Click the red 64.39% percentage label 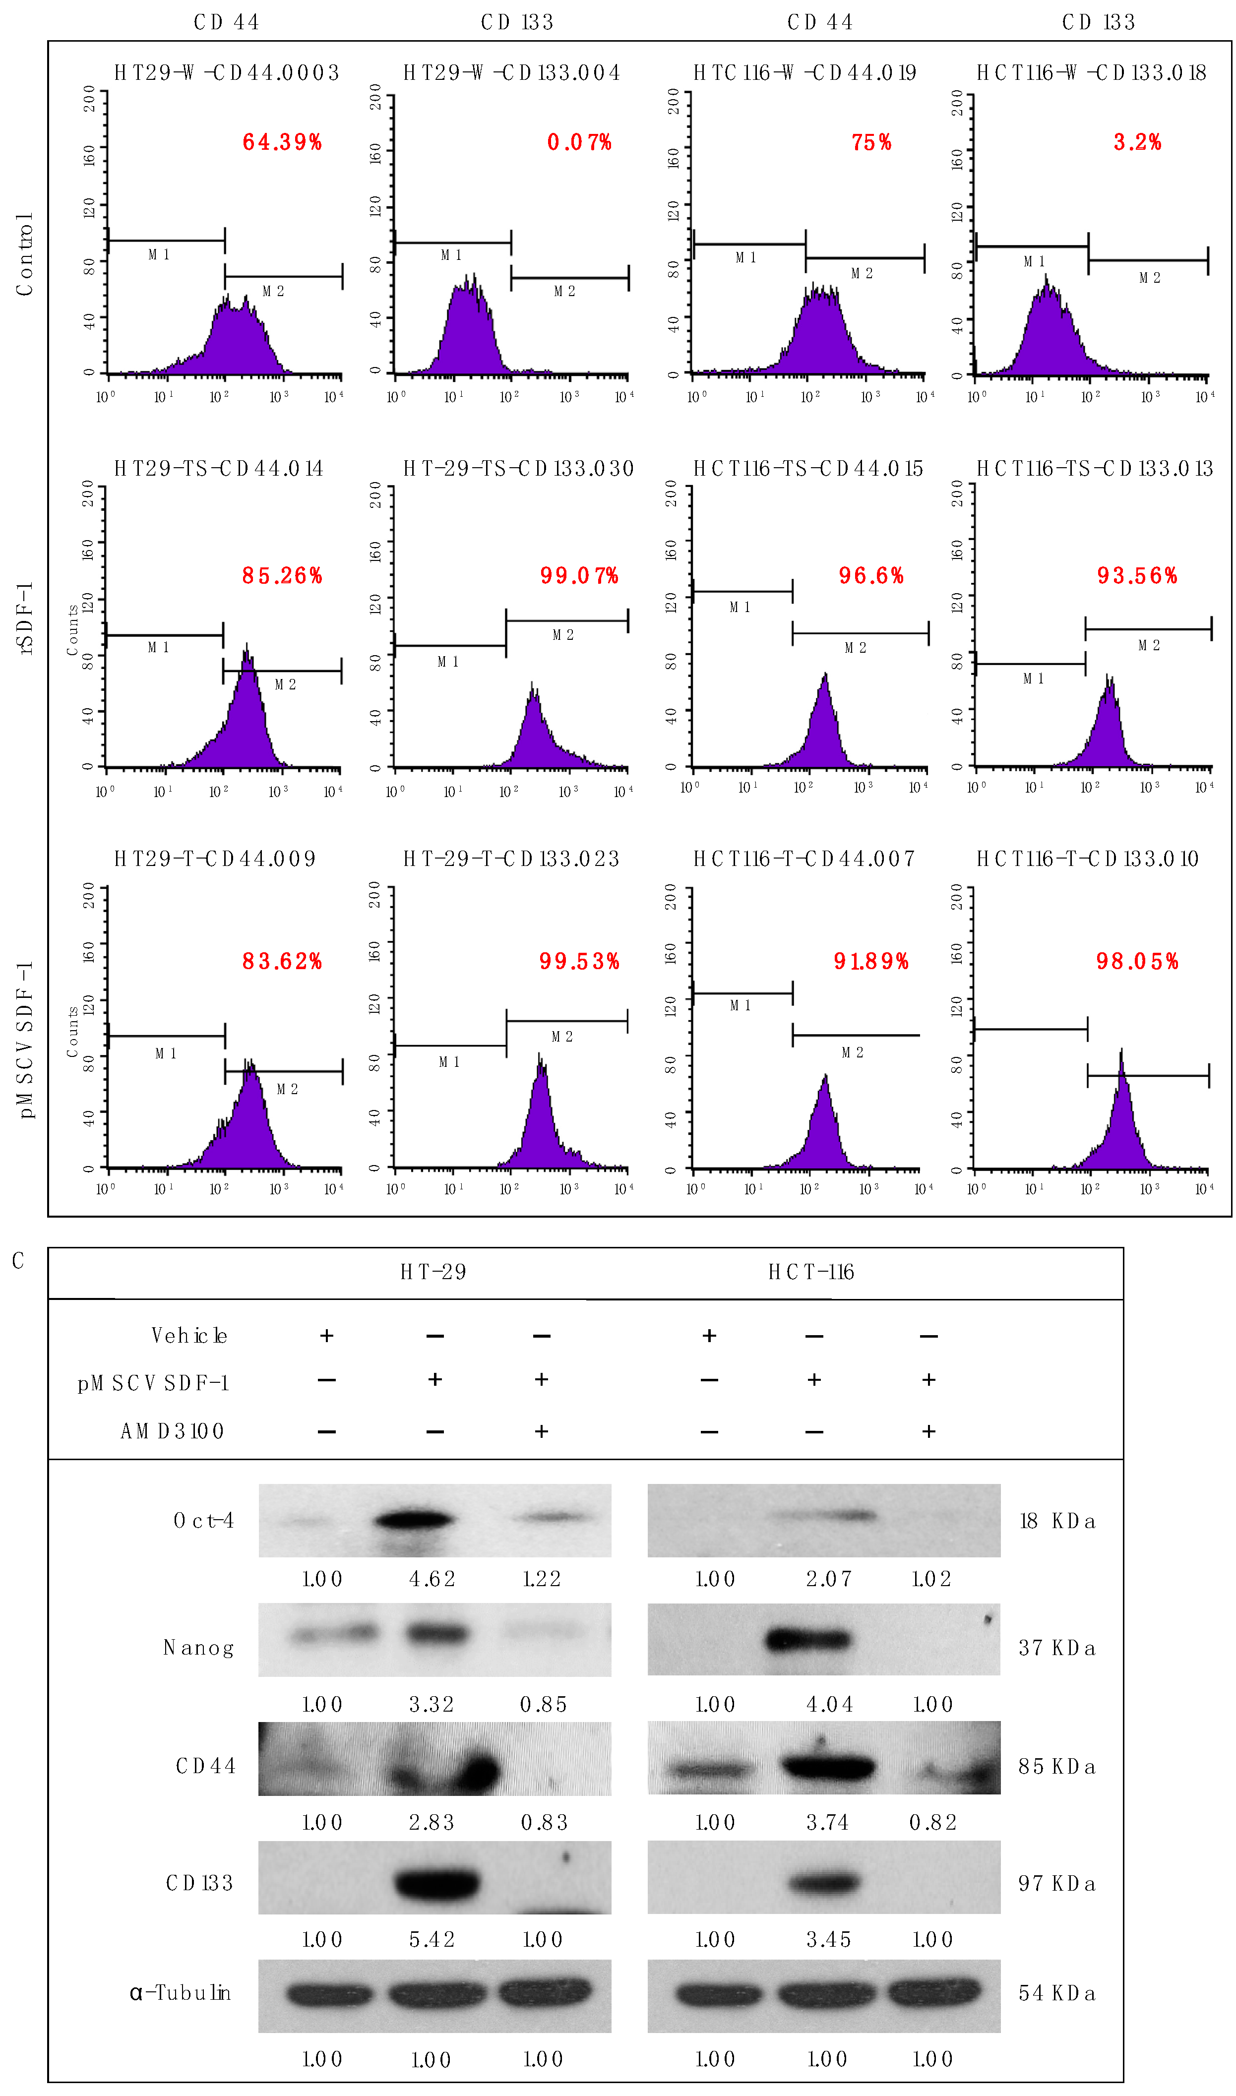[282, 142]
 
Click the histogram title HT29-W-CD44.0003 [227, 73]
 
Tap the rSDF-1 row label [25, 618]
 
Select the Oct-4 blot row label [203, 1521]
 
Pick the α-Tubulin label [180, 1993]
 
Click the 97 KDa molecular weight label [1056, 1884]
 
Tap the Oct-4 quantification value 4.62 [433, 1579]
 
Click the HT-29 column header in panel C [433, 1272]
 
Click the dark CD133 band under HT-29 [437, 1883]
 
